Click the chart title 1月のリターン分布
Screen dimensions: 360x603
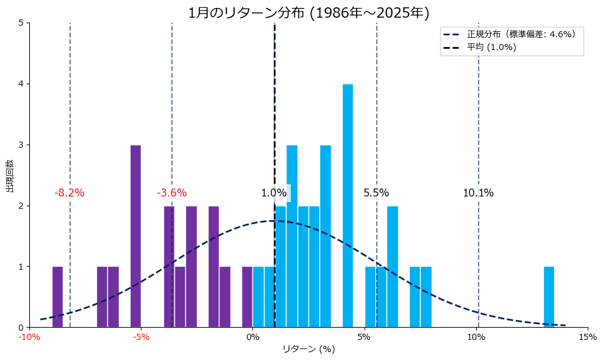(x=309, y=13)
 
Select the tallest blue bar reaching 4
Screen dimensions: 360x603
(x=348, y=206)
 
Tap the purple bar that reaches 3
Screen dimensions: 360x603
(x=135, y=236)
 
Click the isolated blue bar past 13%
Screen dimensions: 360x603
(x=549, y=297)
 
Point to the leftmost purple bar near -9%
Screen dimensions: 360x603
(x=57, y=297)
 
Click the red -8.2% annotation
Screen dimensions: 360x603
(x=70, y=193)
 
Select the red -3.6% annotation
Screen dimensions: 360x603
(x=172, y=193)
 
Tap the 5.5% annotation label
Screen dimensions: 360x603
(x=376, y=193)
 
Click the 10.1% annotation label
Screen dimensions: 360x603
(x=478, y=193)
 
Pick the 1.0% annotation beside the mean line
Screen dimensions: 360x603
(x=274, y=193)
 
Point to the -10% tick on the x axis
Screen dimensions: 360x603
(x=29, y=337)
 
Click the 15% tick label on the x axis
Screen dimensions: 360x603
(x=588, y=337)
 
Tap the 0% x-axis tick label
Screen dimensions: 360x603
(x=252, y=337)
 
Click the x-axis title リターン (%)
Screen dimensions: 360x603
(x=309, y=349)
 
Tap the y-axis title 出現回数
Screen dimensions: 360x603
(x=10, y=175)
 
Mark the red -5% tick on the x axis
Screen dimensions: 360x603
(x=141, y=337)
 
